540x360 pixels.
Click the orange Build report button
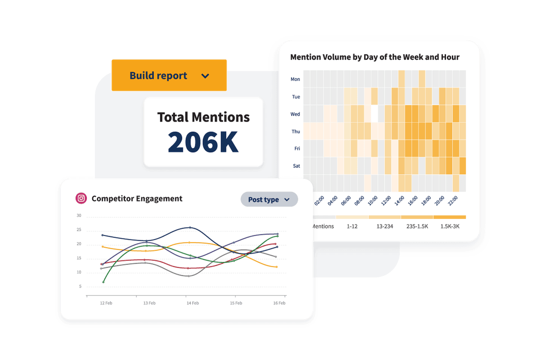pos(169,76)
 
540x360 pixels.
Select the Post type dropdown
pos(269,199)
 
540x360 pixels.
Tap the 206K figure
pos(203,142)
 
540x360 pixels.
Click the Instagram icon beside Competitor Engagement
pos(81,198)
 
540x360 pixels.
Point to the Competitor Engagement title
pos(137,198)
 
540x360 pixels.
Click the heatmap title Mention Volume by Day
pos(375,57)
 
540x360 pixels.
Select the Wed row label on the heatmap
pos(295,114)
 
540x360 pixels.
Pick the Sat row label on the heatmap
pos(297,166)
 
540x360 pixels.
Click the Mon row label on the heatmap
pos(295,79)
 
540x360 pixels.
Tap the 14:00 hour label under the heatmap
pos(399,200)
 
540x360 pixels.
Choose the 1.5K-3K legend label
pos(449,226)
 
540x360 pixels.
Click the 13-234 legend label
pos(384,226)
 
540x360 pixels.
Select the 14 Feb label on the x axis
pos(193,303)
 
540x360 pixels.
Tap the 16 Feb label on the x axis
pos(279,303)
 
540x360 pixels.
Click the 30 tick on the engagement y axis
pos(79,216)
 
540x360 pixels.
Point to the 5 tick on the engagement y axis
pos(80,287)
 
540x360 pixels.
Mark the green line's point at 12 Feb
pos(103,282)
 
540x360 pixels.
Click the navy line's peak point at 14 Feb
pos(190,228)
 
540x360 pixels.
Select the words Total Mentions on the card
pos(203,117)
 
